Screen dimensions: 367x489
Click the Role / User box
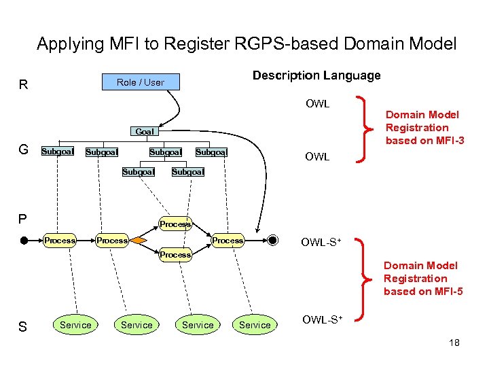coord(141,82)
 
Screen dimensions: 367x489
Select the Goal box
coord(144,132)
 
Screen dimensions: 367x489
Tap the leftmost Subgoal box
coord(58,152)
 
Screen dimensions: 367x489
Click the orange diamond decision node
coord(139,241)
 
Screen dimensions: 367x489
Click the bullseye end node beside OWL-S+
coord(272,241)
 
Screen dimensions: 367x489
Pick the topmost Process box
coord(175,224)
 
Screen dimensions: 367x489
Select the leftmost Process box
coord(60,241)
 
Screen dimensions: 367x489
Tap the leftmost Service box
coord(75,325)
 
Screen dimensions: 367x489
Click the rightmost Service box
coord(255,325)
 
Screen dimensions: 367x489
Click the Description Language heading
coord(316,75)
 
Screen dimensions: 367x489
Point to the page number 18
coord(454,343)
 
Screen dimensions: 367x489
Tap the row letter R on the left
coord(24,85)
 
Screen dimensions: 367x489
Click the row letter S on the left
coord(22,327)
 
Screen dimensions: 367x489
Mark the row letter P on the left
coord(22,219)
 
